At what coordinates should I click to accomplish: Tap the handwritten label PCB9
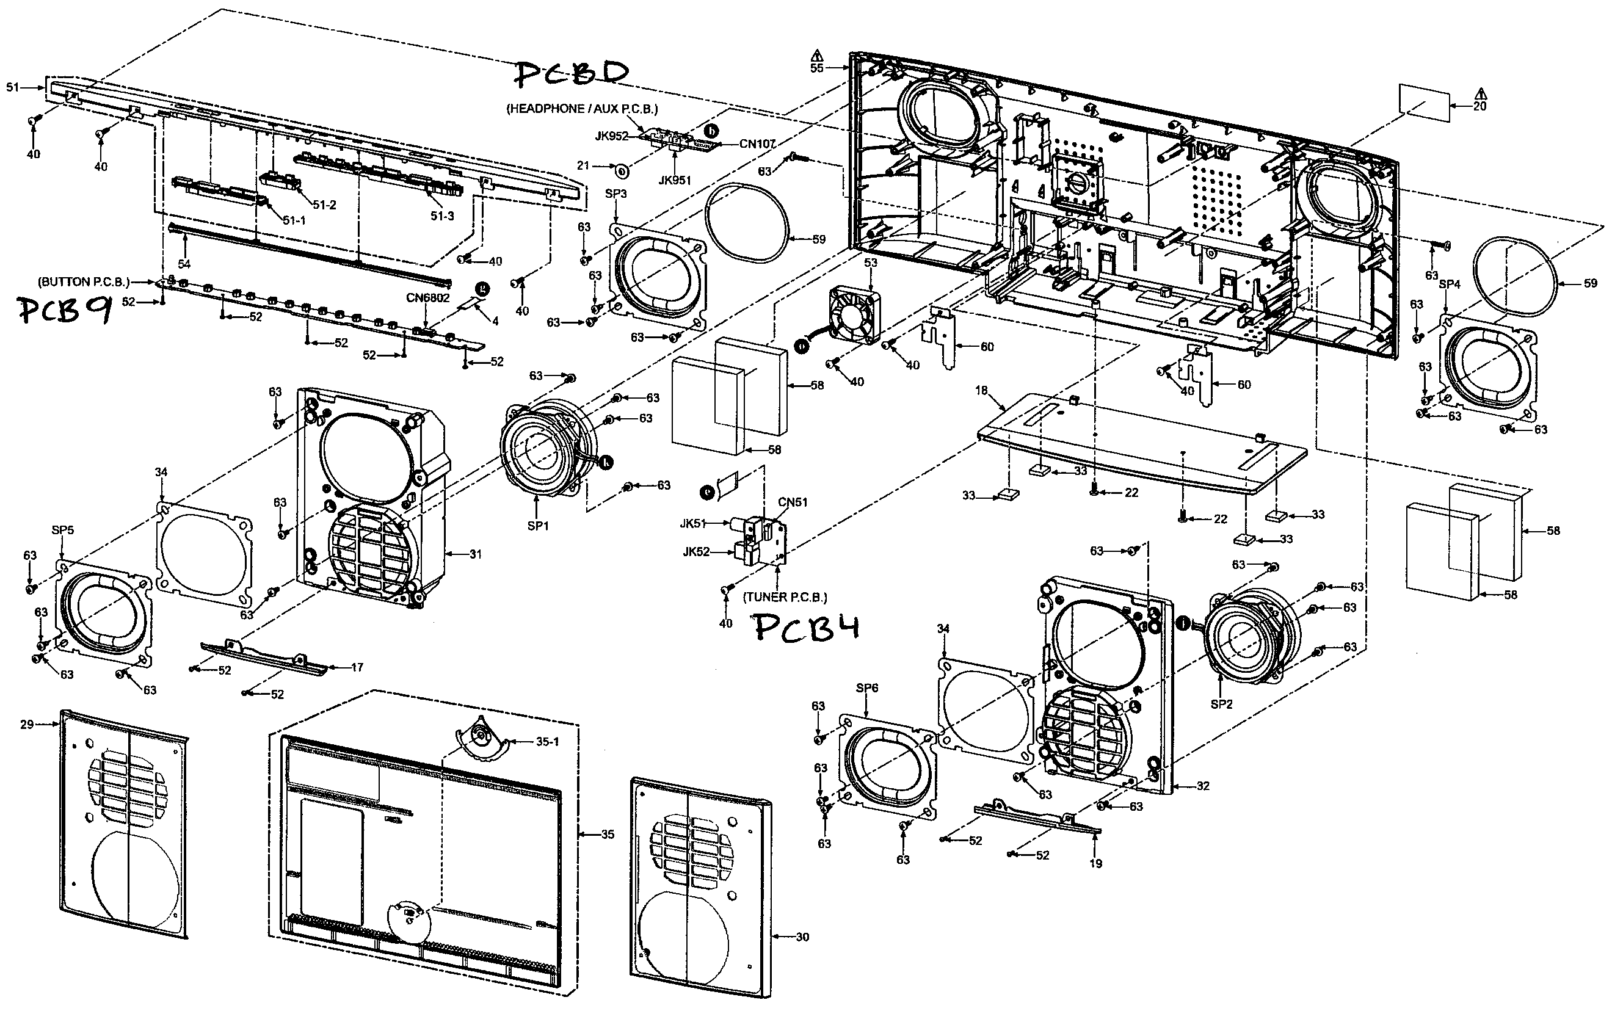[64, 310]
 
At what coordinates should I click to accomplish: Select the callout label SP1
[537, 526]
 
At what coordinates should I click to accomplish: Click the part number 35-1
[548, 742]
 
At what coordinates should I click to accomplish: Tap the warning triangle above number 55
[816, 55]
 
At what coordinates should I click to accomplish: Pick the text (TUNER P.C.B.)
[785, 597]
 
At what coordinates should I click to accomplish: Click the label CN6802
[428, 297]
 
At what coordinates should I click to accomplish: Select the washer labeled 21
[621, 171]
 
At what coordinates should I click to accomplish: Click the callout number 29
[27, 724]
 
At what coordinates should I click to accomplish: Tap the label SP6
[866, 688]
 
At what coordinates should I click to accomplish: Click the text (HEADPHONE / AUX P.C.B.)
[582, 109]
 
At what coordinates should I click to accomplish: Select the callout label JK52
[696, 553]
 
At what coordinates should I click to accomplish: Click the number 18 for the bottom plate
[981, 391]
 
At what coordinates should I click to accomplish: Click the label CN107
[757, 143]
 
